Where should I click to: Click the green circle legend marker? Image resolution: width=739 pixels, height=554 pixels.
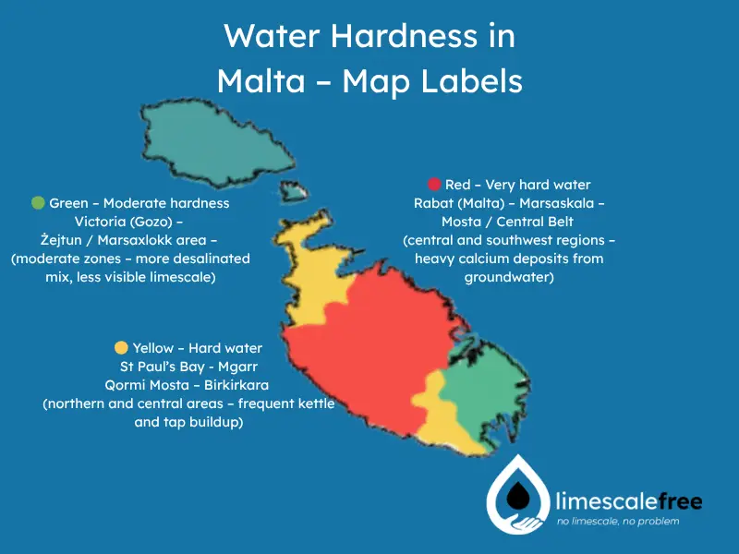click(x=38, y=203)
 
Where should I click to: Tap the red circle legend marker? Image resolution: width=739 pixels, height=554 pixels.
click(x=434, y=185)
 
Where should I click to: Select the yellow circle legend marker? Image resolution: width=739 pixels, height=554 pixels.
click(x=121, y=348)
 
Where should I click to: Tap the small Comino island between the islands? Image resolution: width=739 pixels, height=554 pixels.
click(x=295, y=192)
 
